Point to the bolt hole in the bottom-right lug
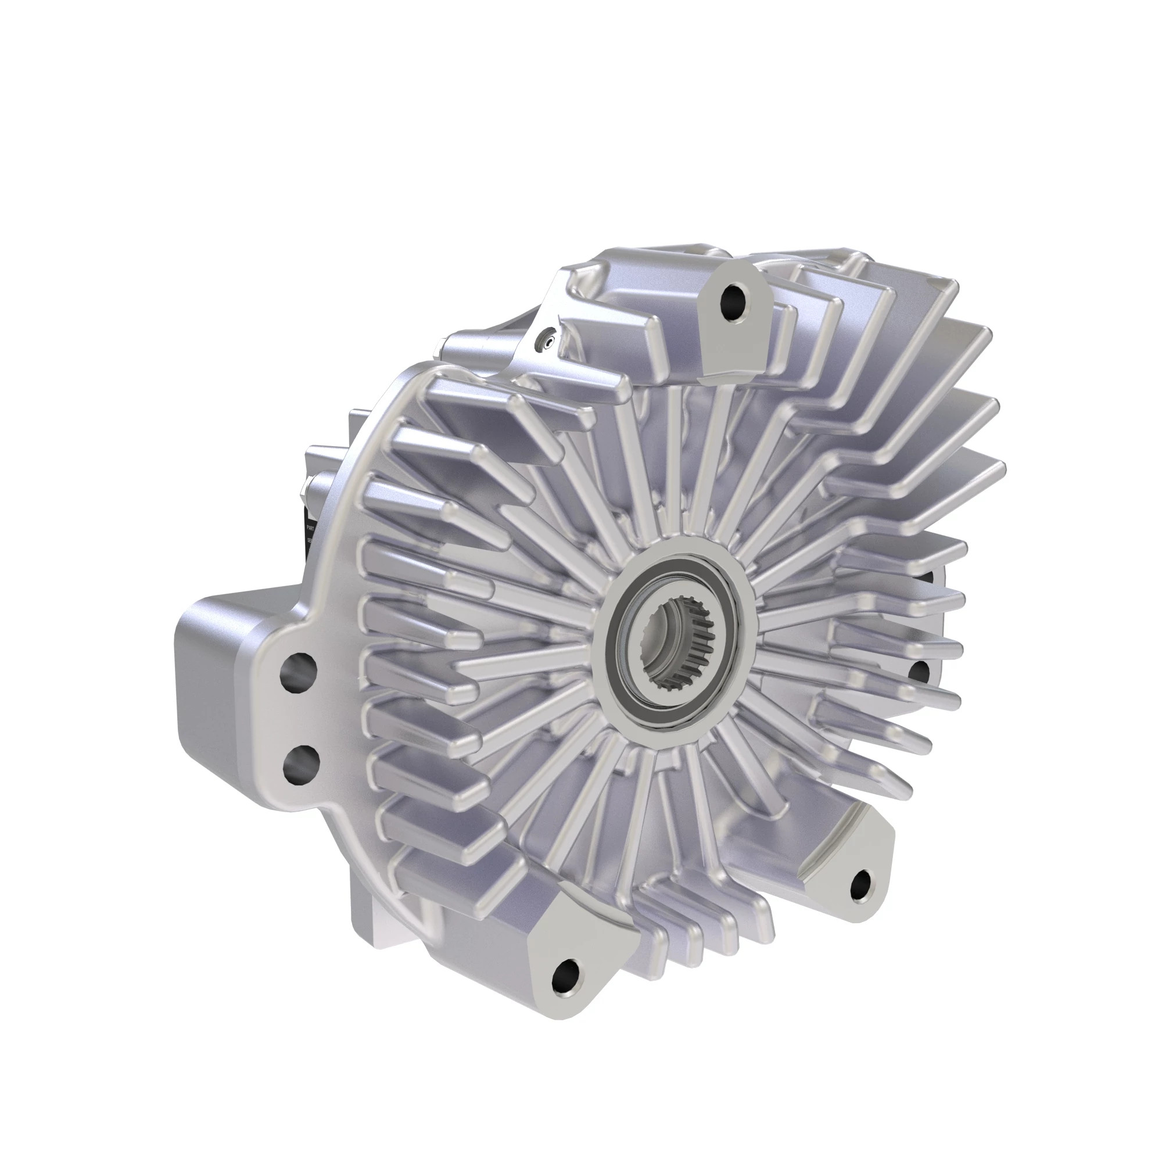(x=861, y=883)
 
